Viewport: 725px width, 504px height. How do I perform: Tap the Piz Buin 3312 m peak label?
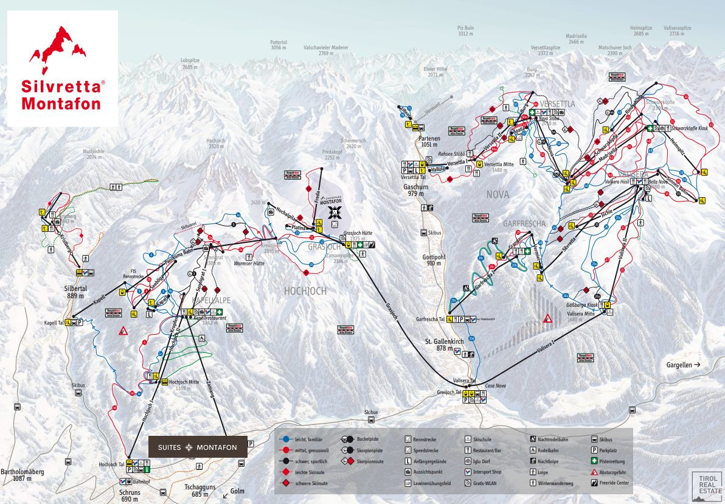pyautogui.click(x=465, y=31)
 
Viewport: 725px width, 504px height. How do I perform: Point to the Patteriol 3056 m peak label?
pyautogui.click(x=279, y=44)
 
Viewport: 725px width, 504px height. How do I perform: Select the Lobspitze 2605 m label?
pyautogui.click(x=190, y=64)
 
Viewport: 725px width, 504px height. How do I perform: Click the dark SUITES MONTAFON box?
pyautogui.click(x=198, y=447)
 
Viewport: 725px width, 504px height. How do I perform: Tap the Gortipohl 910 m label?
pyautogui.click(x=434, y=260)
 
